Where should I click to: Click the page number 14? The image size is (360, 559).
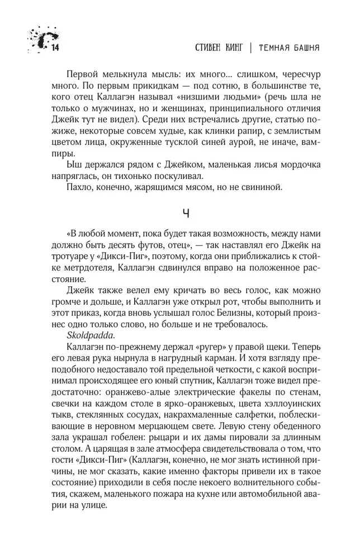point(54,49)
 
